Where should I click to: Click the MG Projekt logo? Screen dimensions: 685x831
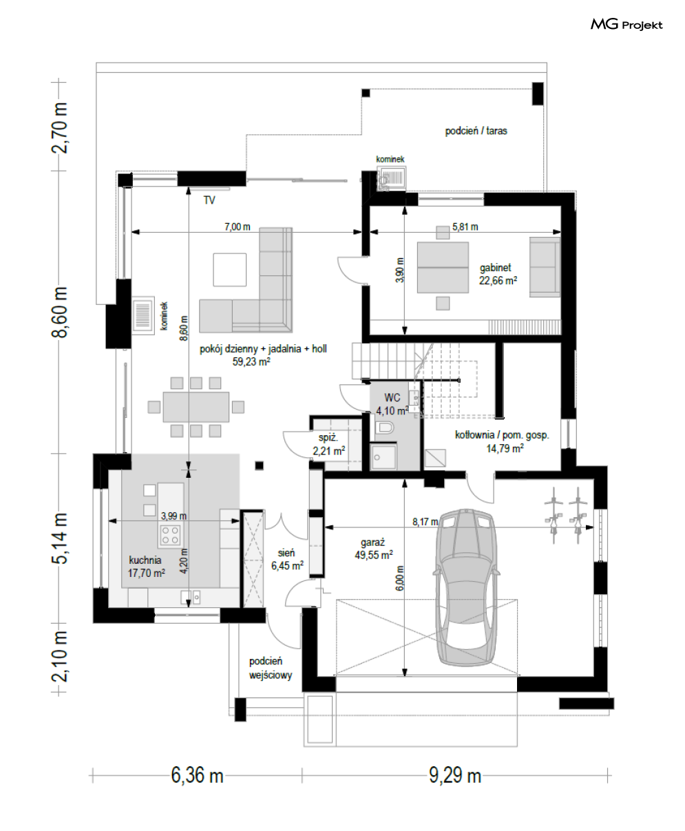click(626, 25)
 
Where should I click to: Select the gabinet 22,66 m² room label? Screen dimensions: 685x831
click(498, 274)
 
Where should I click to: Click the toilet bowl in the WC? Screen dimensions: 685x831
click(383, 428)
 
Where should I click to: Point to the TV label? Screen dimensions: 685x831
click(209, 200)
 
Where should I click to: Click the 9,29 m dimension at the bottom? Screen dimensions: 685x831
click(455, 776)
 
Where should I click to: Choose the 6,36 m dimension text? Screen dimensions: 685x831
click(197, 776)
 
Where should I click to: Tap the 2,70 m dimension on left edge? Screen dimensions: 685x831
click(59, 127)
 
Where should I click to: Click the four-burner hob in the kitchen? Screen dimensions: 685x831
click(170, 535)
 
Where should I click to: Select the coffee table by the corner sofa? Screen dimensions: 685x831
click(230, 270)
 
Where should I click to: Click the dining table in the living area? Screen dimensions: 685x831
click(196, 407)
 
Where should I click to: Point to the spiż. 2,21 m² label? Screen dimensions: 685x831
click(329, 444)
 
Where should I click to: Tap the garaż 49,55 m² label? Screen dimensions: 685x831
click(374, 549)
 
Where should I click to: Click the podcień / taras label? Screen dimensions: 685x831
click(476, 131)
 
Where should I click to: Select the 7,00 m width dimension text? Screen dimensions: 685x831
click(238, 227)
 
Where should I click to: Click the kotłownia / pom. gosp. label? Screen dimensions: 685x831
click(503, 441)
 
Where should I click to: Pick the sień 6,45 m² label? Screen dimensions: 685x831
click(287, 559)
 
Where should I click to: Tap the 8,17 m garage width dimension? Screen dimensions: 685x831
click(425, 522)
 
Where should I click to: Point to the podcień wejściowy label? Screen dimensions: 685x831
click(271, 669)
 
